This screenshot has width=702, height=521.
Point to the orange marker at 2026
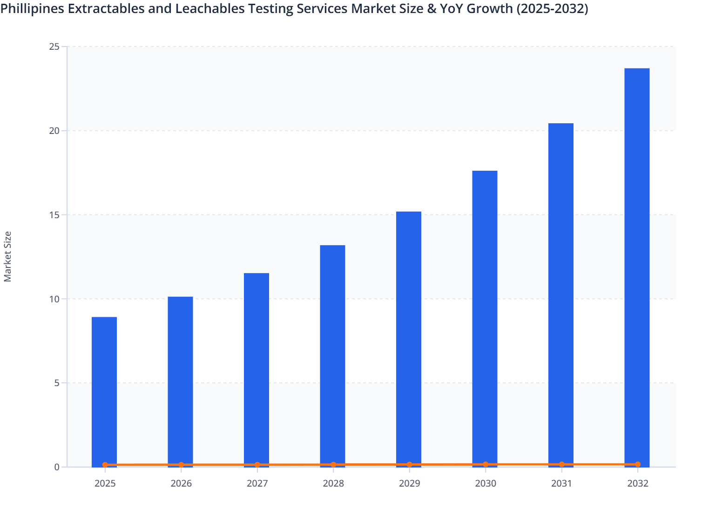[x=181, y=465]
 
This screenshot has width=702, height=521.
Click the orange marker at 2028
[x=333, y=465]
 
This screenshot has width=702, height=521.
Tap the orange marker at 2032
[x=638, y=464]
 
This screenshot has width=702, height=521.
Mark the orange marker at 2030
[x=486, y=464]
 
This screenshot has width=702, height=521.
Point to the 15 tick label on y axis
[x=54, y=215]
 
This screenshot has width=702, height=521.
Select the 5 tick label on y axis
[x=56, y=383]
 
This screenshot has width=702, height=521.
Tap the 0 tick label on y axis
[x=56, y=467]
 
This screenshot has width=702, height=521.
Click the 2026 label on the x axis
[x=181, y=483]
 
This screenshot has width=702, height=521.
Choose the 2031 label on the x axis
[x=561, y=483]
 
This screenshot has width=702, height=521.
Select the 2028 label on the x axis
[x=333, y=483]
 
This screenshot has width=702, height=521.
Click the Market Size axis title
[x=8, y=257]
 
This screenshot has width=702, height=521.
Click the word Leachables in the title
[x=209, y=8]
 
